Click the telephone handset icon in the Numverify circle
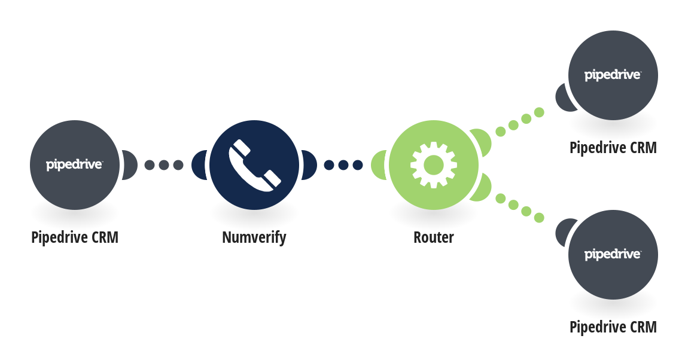(254, 165)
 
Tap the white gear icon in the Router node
(434, 165)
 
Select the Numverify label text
(254, 238)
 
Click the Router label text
(434, 237)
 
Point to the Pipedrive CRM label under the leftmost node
(75, 237)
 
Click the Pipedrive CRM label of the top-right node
(613, 148)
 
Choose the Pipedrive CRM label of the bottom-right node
(613, 327)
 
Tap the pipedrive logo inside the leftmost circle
(75, 165)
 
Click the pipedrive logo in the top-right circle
(613, 75)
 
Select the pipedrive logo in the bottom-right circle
(613, 255)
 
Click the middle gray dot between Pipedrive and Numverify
(164, 165)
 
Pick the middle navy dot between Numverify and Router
(343, 165)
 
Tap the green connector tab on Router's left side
(379, 165)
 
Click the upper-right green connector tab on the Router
(482, 141)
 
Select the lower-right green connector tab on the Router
(482, 188)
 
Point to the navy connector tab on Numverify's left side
(200, 165)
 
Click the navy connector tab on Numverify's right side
(309, 165)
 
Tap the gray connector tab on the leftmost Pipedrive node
(130, 165)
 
